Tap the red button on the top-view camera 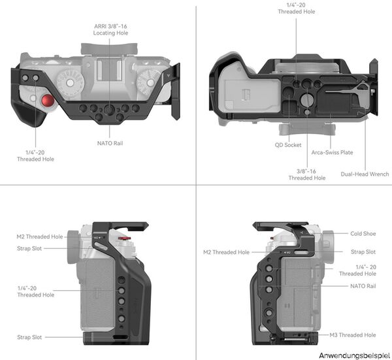46,102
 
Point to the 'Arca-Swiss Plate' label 332,152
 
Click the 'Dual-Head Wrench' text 364,174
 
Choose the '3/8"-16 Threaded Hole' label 306,173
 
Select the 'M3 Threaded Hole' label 351,335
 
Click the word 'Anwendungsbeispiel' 354,354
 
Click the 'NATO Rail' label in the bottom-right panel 363,286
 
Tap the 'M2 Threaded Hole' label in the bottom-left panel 40,237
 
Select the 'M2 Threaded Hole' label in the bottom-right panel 226,252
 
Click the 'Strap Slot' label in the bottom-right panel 363,252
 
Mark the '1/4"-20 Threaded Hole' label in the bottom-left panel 36,291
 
